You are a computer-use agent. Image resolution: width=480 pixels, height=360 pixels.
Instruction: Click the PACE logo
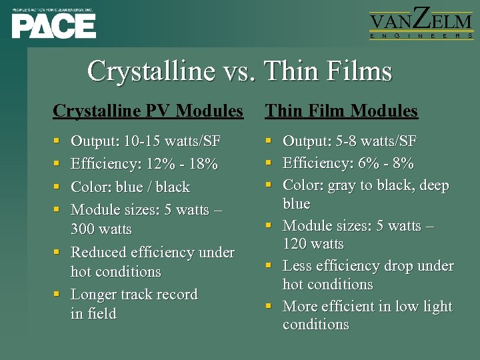tap(53, 24)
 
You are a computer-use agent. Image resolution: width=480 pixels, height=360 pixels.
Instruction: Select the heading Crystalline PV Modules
tap(148, 111)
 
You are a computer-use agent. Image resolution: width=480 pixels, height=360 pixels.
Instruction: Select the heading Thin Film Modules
tap(341, 111)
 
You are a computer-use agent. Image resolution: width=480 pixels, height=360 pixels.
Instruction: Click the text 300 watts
tap(101, 229)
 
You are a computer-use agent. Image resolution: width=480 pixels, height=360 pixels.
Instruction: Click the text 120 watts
tap(313, 244)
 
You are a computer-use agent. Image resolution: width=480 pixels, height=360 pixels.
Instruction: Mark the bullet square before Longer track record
tap(58, 295)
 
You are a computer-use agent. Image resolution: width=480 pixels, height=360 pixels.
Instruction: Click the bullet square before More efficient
tap(269, 307)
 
